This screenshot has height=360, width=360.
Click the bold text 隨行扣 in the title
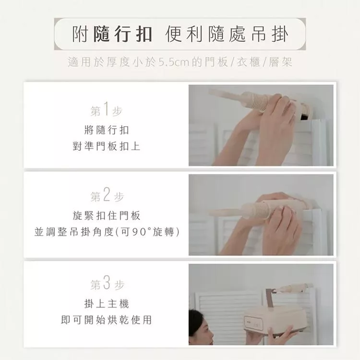pyautogui.click(x=123, y=34)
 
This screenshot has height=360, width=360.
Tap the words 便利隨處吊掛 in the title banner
pyautogui.click(x=227, y=34)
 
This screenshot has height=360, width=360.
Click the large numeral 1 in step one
pyautogui.click(x=106, y=108)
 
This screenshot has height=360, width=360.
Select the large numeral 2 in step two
pyautogui.click(x=107, y=194)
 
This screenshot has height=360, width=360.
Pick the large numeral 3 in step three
pyautogui.click(x=107, y=283)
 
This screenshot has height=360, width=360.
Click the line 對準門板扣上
pyautogui.click(x=106, y=146)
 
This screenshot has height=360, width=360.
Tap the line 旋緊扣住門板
pyautogui.click(x=106, y=216)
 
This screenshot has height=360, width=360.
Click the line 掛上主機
pyautogui.click(x=107, y=303)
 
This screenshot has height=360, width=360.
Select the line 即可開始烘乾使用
pyautogui.click(x=106, y=320)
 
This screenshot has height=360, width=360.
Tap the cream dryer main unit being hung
pyautogui.click(x=276, y=320)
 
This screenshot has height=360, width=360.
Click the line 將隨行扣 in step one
pyautogui.click(x=107, y=130)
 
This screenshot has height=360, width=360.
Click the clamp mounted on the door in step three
pyautogui.click(x=296, y=288)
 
